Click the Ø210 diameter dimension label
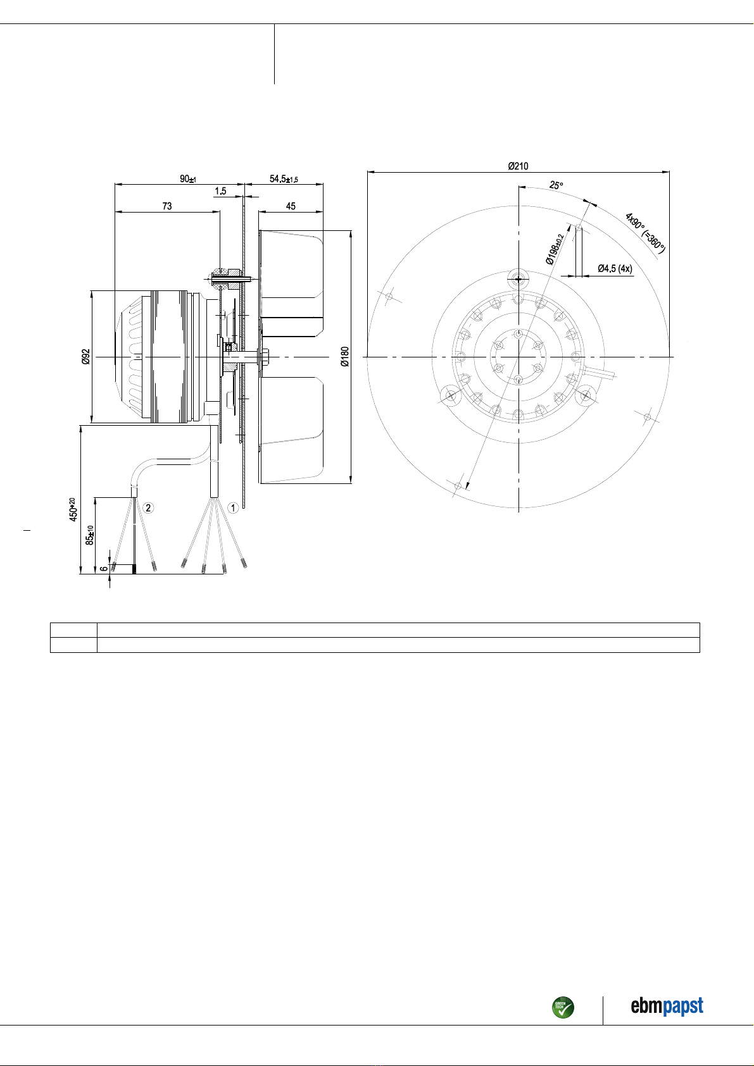pos(518,166)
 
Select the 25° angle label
pos(556,185)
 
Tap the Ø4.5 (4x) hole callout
pos(615,269)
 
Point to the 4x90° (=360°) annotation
pos(644,233)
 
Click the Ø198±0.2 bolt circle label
pos(555,249)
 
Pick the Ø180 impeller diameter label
pos(345,356)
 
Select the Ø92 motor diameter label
pos(85,356)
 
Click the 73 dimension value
pos(167,206)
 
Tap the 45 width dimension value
pos(291,206)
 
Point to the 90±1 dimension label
pos(187,179)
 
